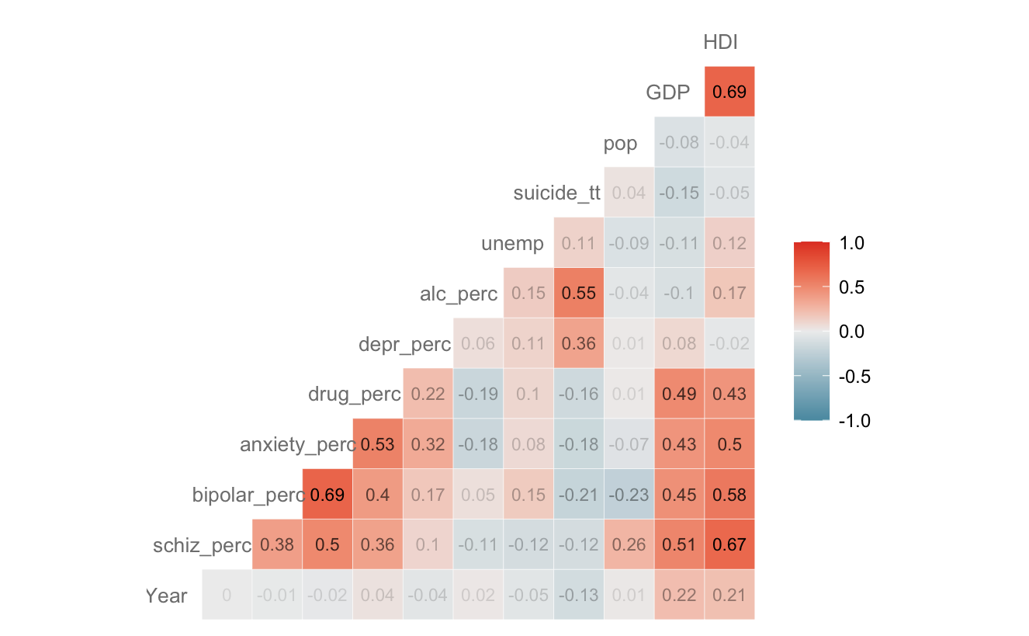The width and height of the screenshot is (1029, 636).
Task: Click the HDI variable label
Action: [x=719, y=43]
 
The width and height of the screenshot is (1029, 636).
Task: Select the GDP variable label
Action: [x=668, y=93]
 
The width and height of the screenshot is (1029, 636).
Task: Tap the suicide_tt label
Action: [x=556, y=193]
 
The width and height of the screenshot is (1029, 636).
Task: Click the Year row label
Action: [x=166, y=596]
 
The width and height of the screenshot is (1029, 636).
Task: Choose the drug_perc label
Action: [x=354, y=394]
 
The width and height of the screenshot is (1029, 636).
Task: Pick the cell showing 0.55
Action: [x=578, y=294]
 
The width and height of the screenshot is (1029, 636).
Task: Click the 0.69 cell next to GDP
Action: [x=729, y=92]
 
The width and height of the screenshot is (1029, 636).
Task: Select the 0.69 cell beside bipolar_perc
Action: [x=327, y=495]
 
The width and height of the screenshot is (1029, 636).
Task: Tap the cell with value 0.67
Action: [x=729, y=545]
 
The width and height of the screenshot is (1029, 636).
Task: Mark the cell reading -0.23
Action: [x=629, y=495]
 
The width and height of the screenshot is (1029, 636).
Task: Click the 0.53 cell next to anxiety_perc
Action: [x=377, y=444]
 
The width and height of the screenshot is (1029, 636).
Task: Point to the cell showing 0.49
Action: [x=679, y=394]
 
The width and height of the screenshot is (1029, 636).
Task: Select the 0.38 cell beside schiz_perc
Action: [x=277, y=545]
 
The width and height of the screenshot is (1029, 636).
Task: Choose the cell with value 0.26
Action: [x=629, y=545]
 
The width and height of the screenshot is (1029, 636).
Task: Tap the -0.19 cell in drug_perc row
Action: [x=478, y=394]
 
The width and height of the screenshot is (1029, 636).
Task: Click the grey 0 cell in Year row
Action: [x=227, y=596]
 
